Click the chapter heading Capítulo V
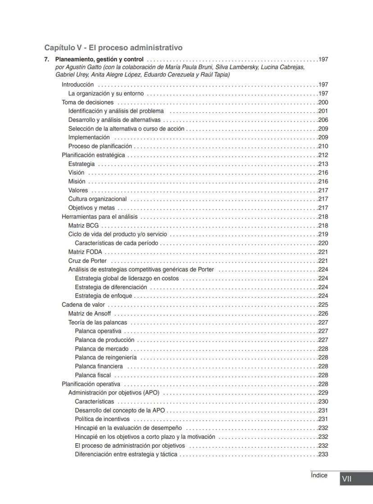[113, 47]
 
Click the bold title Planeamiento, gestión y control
[99, 59]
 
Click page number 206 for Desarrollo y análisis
[323, 120]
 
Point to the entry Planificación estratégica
[93, 155]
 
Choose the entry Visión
[76, 173]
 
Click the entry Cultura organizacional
[97, 199]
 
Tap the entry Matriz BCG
[83, 225]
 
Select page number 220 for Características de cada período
[323, 243]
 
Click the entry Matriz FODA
[85, 252]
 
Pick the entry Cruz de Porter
[87, 261]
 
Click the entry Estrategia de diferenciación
[111, 287]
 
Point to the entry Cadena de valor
[83, 304]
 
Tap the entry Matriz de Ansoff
[89, 313]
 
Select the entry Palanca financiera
[99, 366]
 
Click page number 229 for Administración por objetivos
[323, 393]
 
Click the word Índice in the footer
[319, 475]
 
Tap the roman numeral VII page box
[346, 479]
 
